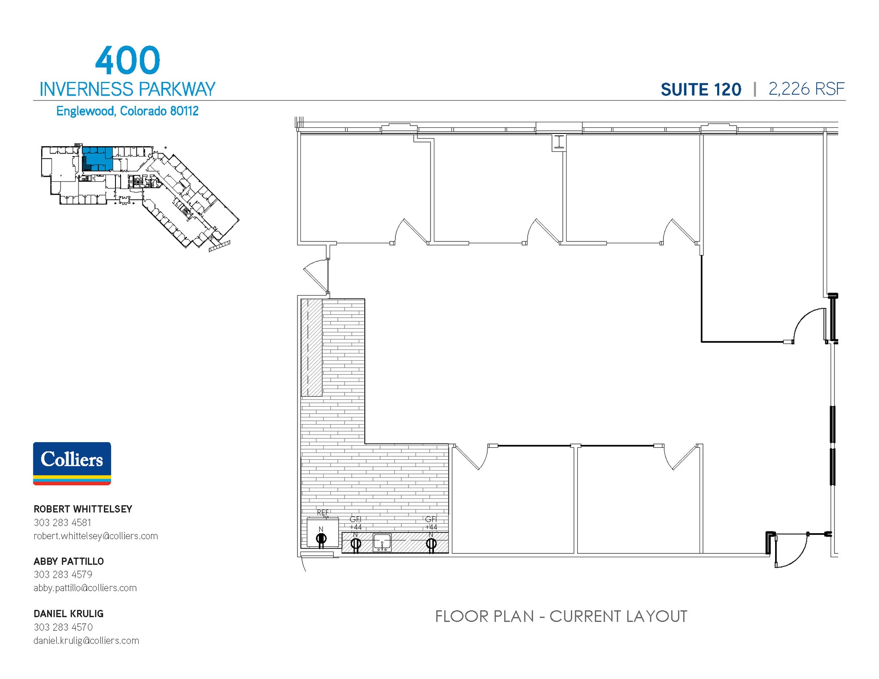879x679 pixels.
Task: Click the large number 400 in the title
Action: click(127, 61)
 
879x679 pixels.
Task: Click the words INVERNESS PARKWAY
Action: click(127, 89)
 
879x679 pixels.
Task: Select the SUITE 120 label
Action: click(700, 90)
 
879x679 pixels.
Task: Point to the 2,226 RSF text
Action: click(806, 89)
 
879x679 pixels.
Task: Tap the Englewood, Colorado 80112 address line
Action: click(127, 111)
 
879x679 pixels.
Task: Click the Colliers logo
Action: click(72, 463)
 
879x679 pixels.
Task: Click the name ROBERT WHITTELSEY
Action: click(83, 509)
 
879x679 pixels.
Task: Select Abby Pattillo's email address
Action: click(85, 588)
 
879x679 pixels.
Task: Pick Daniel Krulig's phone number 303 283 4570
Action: click(63, 627)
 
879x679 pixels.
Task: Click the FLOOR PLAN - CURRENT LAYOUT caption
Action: click(561, 616)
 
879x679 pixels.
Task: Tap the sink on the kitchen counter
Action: click(382, 542)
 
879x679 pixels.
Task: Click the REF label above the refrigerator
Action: click(323, 513)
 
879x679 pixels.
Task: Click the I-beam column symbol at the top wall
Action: click(559, 142)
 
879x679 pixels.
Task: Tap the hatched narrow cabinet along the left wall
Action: click(311, 347)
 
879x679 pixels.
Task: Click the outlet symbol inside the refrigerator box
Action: click(321, 539)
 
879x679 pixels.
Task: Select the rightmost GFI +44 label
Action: click(431, 523)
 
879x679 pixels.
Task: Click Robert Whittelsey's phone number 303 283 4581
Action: click(62, 522)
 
